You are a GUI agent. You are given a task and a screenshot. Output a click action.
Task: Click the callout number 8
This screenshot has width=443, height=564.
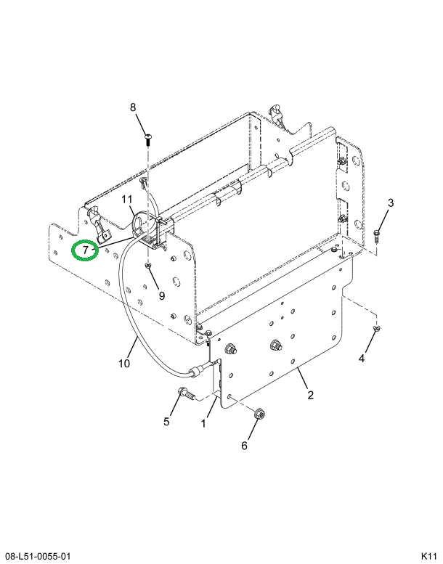[x=133, y=107]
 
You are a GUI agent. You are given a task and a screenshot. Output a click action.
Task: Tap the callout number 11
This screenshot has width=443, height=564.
[x=126, y=200]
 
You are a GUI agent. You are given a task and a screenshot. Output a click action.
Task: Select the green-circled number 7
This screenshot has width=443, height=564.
[x=86, y=250]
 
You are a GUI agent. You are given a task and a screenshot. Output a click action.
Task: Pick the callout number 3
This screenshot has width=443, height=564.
[x=389, y=203]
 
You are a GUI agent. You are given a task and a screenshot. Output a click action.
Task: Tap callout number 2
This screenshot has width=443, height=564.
[x=310, y=395]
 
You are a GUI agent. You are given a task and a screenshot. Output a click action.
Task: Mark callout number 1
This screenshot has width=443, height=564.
[x=204, y=422]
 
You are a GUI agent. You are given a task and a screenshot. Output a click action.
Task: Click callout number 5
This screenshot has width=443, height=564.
[x=166, y=421]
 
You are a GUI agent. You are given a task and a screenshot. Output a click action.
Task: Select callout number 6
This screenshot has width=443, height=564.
[x=244, y=445]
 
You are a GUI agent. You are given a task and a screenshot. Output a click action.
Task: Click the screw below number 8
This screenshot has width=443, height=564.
[x=147, y=139]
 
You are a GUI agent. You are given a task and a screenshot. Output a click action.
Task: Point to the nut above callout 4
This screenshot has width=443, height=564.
[x=375, y=330]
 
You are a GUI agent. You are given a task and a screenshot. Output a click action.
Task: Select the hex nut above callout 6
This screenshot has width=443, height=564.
[x=259, y=414]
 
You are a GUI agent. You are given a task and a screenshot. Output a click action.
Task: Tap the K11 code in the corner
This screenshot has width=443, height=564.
[x=427, y=556]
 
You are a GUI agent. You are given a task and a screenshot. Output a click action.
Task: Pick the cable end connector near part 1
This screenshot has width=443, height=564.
[x=195, y=374]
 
